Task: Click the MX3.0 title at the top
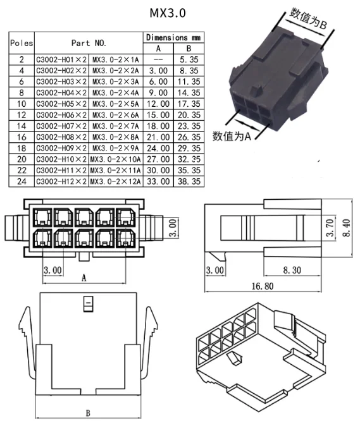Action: pyautogui.click(x=168, y=13)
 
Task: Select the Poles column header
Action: pyautogui.click(x=22, y=43)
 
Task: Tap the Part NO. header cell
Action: pyautogui.click(x=89, y=43)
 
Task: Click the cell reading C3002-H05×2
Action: pyautogui.click(x=61, y=104)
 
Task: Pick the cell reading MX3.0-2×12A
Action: pyautogui.click(x=116, y=181)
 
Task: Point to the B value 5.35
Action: pyautogui.click(x=189, y=59)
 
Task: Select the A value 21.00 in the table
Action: pyautogui.click(x=158, y=137)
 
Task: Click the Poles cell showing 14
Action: pyautogui.click(x=22, y=126)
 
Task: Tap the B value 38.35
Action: pyautogui.click(x=189, y=181)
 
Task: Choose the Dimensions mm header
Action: pyautogui.click(x=173, y=37)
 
